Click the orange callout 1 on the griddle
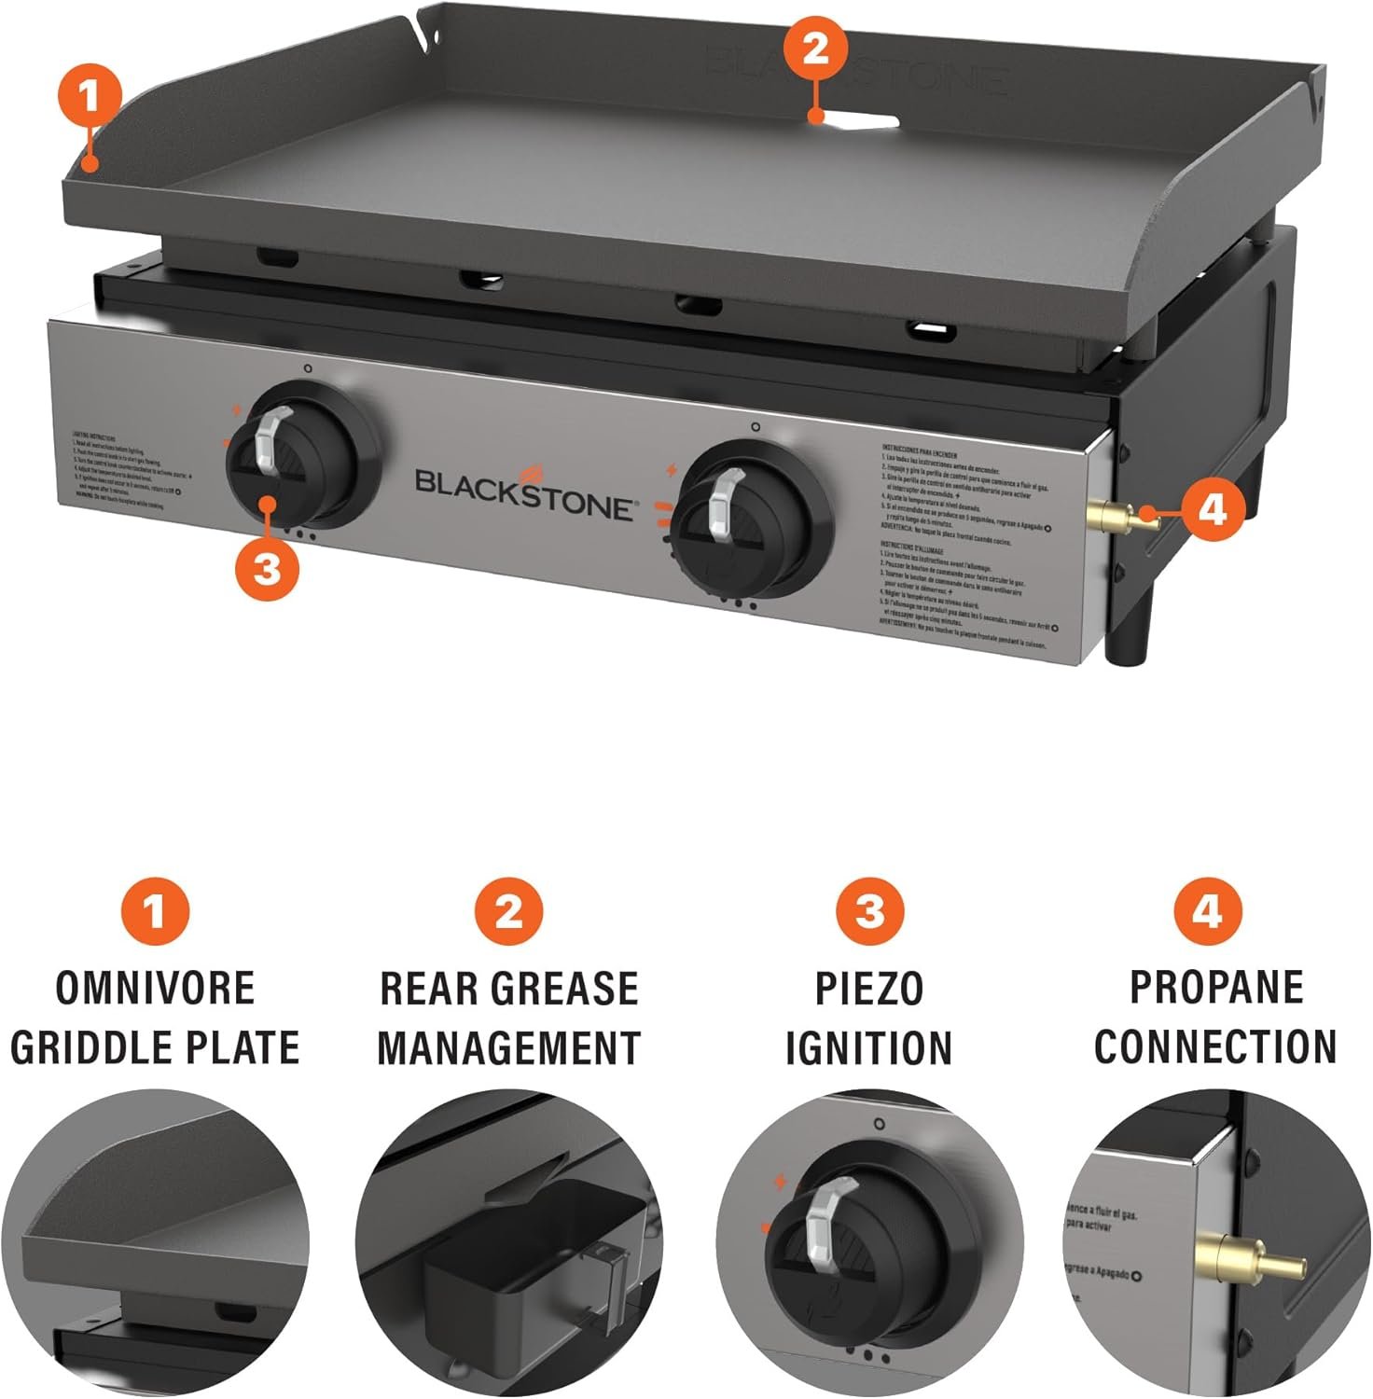[x=90, y=96]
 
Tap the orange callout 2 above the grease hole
[x=815, y=48]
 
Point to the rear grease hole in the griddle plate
[x=863, y=121]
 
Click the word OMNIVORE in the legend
[x=155, y=989]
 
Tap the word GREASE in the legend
[x=573, y=989]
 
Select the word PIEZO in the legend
[x=869, y=989]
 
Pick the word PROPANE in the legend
[x=1216, y=987]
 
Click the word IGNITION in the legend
[x=869, y=1047]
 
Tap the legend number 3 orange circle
[x=869, y=910]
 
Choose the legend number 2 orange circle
[x=509, y=910]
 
